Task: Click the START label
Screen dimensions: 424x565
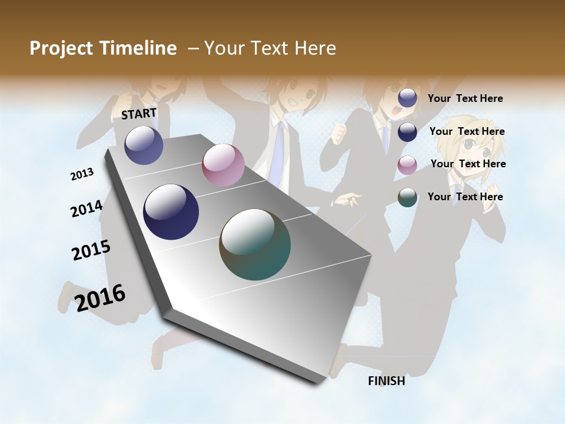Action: [x=139, y=113]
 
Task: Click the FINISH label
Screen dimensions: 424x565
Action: [x=386, y=381]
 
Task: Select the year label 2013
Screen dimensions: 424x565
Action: [x=82, y=174]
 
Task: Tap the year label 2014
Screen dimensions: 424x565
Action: [x=87, y=208]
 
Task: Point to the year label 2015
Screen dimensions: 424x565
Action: [x=91, y=250]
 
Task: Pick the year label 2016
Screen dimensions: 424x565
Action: [x=100, y=297]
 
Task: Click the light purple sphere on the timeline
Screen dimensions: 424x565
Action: [x=144, y=145]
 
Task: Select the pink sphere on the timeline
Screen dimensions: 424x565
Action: [x=223, y=165]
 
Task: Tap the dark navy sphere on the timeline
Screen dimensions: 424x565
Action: [x=171, y=212]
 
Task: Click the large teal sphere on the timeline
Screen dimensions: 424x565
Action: [x=255, y=244]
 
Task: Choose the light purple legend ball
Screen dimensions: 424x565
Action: [x=407, y=98]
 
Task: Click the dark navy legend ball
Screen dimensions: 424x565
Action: [x=407, y=132]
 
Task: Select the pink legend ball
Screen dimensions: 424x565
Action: [x=407, y=165]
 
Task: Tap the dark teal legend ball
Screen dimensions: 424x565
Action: [x=407, y=197]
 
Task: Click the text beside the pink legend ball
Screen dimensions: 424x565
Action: [x=468, y=164]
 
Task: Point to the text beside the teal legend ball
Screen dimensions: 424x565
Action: [x=465, y=197]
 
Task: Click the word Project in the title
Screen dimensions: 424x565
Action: [x=61, y=48]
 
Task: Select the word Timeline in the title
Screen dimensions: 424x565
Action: [x=139, y=48]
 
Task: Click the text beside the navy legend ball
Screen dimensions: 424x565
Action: [x=467, y=131]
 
